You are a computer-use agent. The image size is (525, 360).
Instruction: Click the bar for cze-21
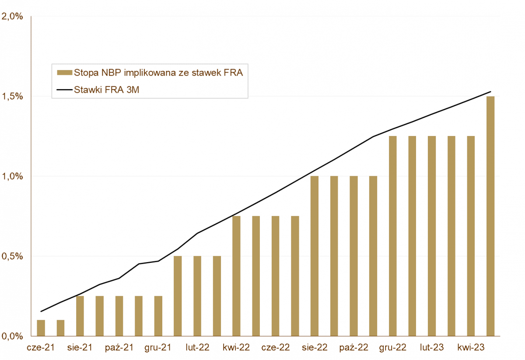pyautogui.click(x=41, y=328)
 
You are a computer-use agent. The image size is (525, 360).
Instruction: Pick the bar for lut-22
pyautogui.click(x=197, y=296)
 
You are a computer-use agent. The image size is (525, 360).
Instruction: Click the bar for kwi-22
pyautogui.click(x=236, y=276)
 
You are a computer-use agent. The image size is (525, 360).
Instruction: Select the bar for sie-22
pyautogui.click(x=315, y=256)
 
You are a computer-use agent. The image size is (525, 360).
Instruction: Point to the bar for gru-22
pyautogui.click(x=392, y=236)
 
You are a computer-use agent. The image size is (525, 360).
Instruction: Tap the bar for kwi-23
pyautogui.click(x=471, y=236)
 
